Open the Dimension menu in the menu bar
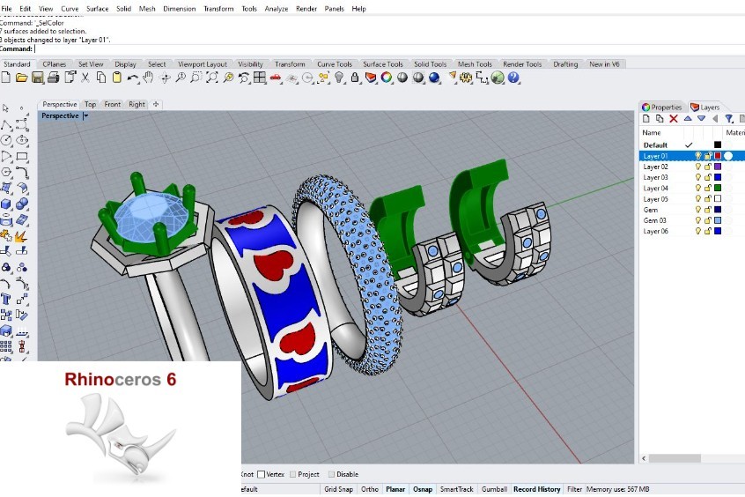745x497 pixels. pos(179,8)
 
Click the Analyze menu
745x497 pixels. pos(276,8)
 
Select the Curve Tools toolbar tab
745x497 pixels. pos(334,64)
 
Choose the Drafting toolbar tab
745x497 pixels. pos(565,64)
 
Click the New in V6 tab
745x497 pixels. pos(604,64)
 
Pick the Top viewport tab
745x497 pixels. pos(90,104)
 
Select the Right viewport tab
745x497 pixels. pos(136,104)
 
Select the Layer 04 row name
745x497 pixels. pos(656,189)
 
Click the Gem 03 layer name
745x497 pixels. pos(654,220)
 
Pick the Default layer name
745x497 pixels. pos(655,145)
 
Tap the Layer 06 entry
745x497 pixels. pos(656,231)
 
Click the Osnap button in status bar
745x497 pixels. pos(423,489)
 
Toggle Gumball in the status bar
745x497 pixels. pos(494,489)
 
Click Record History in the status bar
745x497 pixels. pos(536,489)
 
